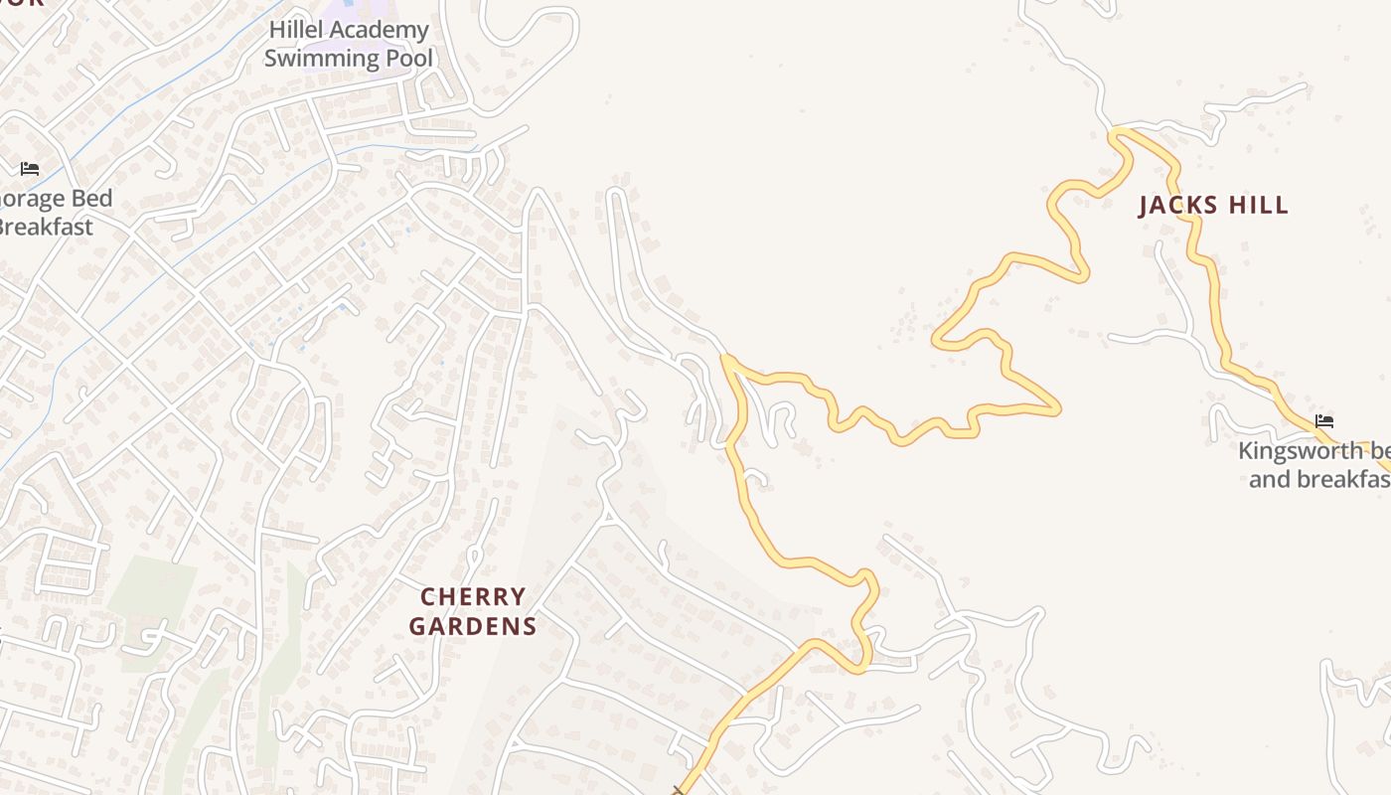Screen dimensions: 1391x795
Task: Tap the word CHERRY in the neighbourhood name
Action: (473, 597)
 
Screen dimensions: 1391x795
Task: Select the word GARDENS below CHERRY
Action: (473, 626)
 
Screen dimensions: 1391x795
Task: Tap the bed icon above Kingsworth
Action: (1324, 421)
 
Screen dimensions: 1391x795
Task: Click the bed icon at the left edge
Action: (30, 169)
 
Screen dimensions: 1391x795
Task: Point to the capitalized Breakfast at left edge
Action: (45, 227)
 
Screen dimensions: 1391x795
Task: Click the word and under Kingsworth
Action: (1270, 479)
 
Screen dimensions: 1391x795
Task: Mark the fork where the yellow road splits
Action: (728, 360)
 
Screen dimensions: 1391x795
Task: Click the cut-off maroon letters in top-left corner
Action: (22, 3)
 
